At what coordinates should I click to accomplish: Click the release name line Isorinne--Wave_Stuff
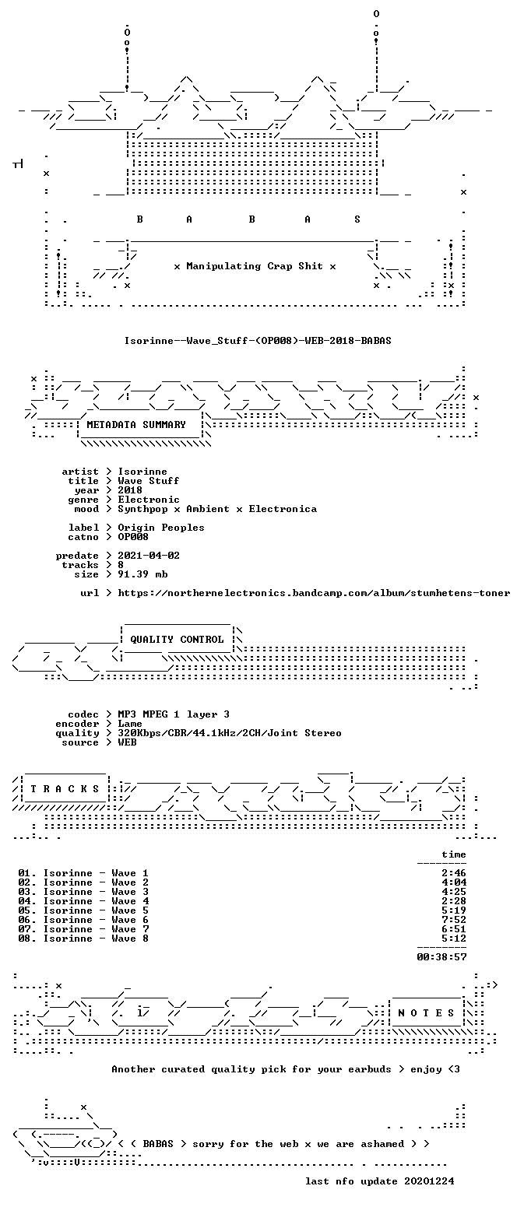coord(258,340)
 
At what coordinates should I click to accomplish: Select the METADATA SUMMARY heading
coord(136,424)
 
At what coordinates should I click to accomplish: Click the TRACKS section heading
coord(65,788)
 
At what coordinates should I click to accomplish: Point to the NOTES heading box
coord(426,1013)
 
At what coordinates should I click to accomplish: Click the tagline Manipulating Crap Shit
coord(255,266)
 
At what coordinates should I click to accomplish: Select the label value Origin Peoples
coord(161,528)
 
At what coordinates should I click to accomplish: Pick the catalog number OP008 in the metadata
coord(133,537)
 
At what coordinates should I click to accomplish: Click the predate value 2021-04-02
coord(149,556)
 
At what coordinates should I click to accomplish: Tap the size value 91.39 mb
coord(142,574)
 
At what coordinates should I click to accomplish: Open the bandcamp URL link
coord(314,593)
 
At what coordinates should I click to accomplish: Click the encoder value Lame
coord(130,724)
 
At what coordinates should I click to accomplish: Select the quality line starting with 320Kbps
coord(230,733)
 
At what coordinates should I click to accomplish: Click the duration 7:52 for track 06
coord(454,920)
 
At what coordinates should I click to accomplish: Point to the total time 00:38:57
coord(441,957)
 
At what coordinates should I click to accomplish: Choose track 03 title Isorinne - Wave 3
coord(96,892)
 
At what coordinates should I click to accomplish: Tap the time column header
coord(454,854)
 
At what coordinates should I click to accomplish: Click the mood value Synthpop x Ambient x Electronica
coord(217,509)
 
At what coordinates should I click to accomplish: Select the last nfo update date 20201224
coord(429,1181)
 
